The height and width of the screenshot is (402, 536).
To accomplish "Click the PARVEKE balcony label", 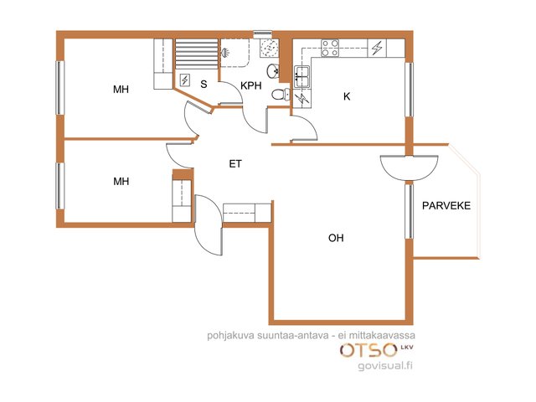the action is pyautogui.click(x=446, y=206).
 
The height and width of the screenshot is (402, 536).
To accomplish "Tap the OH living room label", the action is pyautogui.click(x=336, y=238).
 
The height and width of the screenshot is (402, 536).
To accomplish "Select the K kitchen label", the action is pyautogui.click(x=347, y=97).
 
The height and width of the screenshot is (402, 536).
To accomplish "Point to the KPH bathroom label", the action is pyautogui.click(x=251, y=85).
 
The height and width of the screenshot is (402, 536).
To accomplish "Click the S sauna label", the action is pyautogui.click(x=204, y=84).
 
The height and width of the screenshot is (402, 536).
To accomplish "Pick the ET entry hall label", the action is pyautogui.click(x=235, y=164).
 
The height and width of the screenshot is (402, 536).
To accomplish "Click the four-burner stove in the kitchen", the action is pyautogui.click(x=330, y=48).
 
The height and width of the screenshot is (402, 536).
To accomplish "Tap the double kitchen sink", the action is pyautogui.click(x=301, y=76).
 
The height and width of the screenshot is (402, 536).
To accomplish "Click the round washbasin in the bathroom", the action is pyautogui.click(x=272, y=71).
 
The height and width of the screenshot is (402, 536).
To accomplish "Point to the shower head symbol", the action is pyautogui.click(x=225, y=53).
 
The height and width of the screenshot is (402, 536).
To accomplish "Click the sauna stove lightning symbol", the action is pyautogui.click(x=184, y=80).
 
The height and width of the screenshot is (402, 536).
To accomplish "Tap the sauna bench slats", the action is pyautogui.click(x=197, y=54).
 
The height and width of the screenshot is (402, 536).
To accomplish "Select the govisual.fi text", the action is pyautogui.click(x=385, y=365).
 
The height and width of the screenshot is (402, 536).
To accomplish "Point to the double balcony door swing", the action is pyautogui.click(x=409, y=167).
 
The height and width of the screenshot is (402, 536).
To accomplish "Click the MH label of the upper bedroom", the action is pyautogui.click(x=121, y=90).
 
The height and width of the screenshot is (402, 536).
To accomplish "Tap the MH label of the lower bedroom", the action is pyautogui.click(x=121, y=181).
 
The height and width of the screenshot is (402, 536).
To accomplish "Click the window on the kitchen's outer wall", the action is pyautogui.click(x=409, y=90).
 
